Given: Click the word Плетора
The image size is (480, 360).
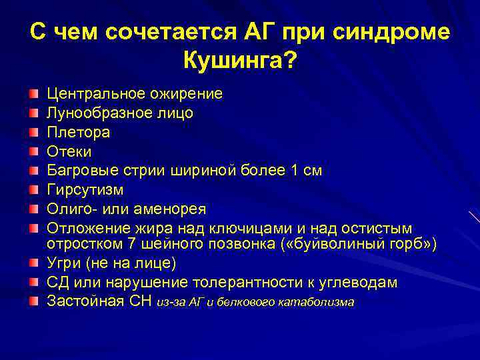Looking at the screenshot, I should (78, 132).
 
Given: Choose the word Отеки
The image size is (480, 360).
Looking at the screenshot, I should (69, 151).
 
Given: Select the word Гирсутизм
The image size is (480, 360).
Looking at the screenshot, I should (85, 190).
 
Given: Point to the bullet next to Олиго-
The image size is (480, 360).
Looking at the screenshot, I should (33, 209).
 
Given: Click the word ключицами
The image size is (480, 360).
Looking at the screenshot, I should (240, 229).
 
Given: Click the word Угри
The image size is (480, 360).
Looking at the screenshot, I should (64, 263).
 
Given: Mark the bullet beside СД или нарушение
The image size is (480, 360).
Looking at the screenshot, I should (33, 283).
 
